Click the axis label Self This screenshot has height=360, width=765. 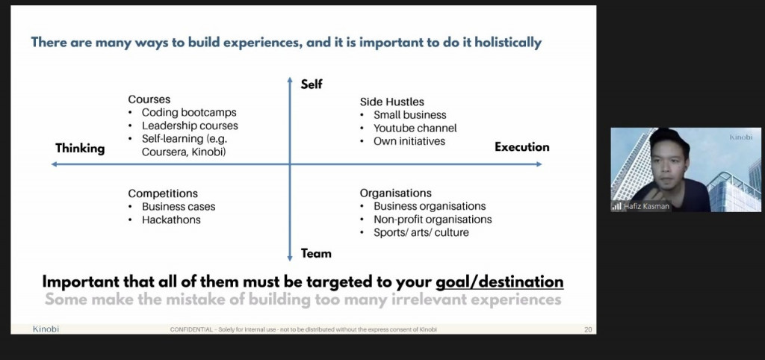(312, 84)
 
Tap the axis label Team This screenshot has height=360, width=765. (316, 253)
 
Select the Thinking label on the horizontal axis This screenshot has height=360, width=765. (80, 149)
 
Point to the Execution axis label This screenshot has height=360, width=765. (522, 147)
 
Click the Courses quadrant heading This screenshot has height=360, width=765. (149, 99)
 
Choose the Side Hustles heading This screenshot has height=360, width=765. (391, 102)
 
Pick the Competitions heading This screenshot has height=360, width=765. (163, 193)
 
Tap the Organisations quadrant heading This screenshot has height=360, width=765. (396, 193)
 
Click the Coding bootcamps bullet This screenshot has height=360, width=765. (189, 112)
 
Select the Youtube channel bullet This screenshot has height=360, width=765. (415, 128)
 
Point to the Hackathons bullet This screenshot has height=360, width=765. (171, 220)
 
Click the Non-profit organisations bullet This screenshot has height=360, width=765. (433, 220)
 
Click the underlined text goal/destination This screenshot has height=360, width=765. (500, 282)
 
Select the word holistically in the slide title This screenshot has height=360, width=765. (508, 43)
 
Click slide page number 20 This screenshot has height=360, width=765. (588, 330)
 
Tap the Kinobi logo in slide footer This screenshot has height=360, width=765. (46, 329)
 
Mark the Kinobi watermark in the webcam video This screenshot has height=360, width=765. (740, 137)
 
